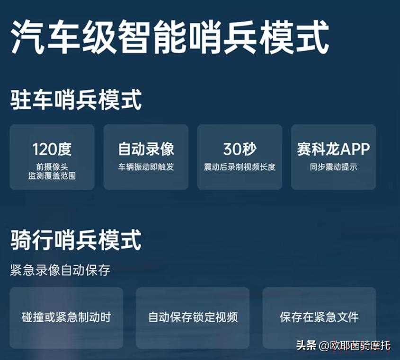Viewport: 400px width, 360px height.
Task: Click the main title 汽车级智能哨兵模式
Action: [x=169, y=38]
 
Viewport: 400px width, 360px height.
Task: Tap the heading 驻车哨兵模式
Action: [x=76, y=100]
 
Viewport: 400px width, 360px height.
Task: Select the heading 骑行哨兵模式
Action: [x=76, y=240]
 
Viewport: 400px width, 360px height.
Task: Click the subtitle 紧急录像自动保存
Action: [x=60, y=270]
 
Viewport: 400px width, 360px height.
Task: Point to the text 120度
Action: [x=52, y=149]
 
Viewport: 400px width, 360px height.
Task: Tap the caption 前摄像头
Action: [x=52, y=167]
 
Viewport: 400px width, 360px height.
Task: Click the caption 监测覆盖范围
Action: [x=52, y=176]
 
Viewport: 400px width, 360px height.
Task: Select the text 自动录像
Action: [x=146, y=149]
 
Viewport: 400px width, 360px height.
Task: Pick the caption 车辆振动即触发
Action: [x=146, y=167]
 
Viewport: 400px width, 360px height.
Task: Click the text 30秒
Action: [x=240, y=149]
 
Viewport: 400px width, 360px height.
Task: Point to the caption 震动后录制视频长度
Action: [x=240, y=167]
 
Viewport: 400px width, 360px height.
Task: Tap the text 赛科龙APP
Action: [x=333, y=149]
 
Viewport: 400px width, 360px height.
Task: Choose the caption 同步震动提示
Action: [x=333, y=167]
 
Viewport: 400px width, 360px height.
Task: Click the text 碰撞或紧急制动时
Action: [x=66, y=317]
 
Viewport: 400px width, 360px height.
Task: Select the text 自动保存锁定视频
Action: [x=193, y=317]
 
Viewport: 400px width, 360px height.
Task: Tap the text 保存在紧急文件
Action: [x=319, y=317]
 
